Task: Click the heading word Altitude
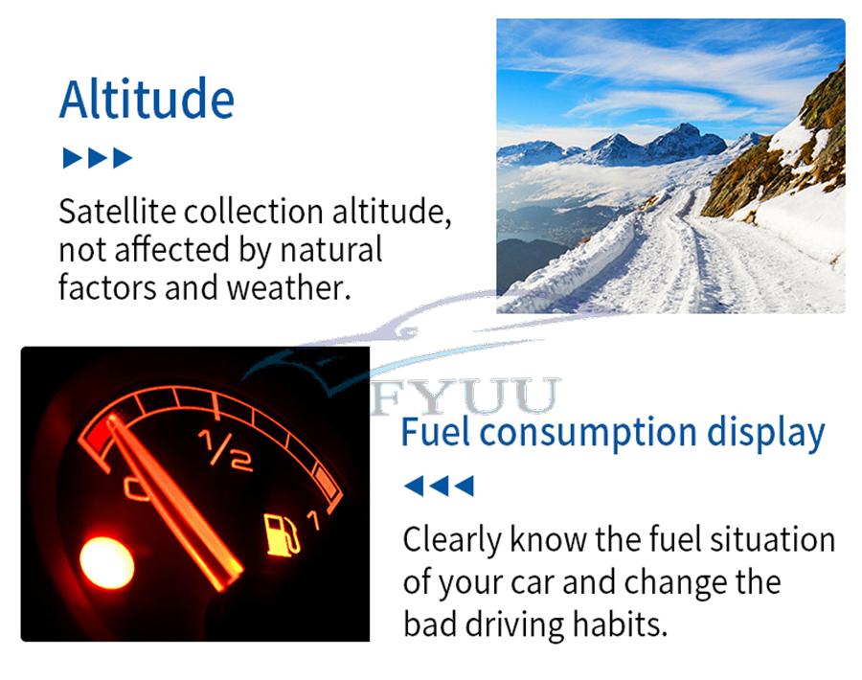147,100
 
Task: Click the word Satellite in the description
118,211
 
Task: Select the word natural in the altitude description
331,250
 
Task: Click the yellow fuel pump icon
282,534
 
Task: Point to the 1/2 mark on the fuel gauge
226,451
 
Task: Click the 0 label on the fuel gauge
137,488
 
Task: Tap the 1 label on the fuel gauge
314,520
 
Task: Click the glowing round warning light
106,563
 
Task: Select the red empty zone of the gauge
100,434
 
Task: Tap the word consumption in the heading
588,434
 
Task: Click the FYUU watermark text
465,396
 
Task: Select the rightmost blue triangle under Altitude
123,158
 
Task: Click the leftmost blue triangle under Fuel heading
414,486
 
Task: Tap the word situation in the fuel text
772,539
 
